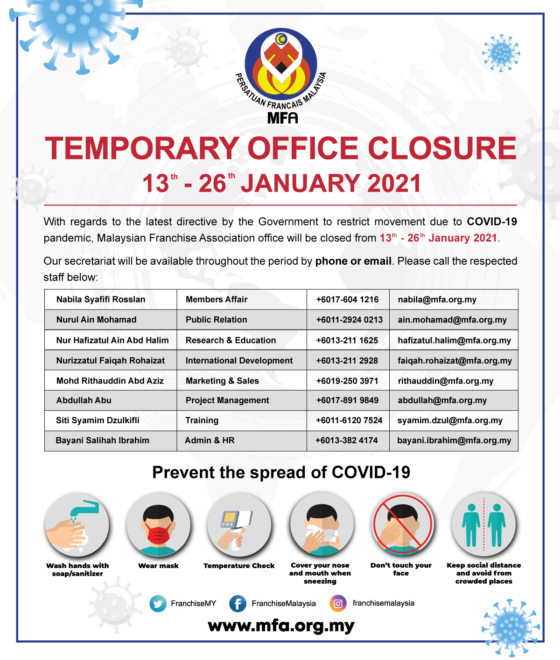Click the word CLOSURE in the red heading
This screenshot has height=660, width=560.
[442, 148]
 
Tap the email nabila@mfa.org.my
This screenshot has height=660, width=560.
[437, 300]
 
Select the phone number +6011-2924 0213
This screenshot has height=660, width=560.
[349, 320]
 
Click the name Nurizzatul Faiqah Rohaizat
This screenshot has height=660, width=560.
[111, 360]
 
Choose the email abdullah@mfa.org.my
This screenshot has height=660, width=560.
[442, 400]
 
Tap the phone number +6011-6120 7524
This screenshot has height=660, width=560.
[349, 420]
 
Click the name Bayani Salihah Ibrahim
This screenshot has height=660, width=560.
[103, 440]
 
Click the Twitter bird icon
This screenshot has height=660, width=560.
[158, 604]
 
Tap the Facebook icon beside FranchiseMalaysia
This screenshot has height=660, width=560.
[238, 604]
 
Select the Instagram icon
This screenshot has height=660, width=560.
[338, 603]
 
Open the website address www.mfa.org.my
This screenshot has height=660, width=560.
[281, 626]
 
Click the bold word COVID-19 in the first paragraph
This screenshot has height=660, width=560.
[492, 222]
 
